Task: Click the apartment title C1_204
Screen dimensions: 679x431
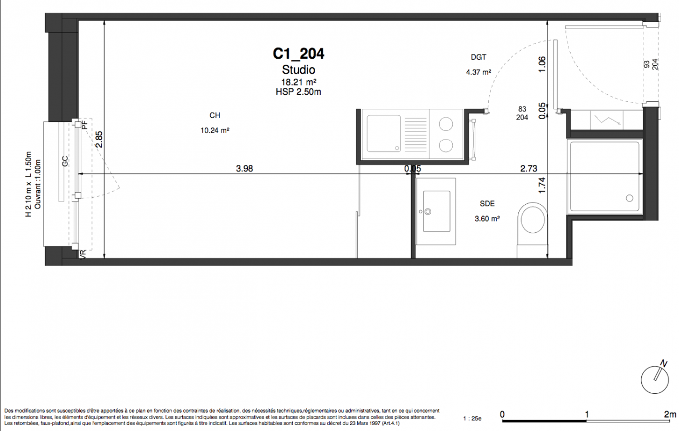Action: [299, 54]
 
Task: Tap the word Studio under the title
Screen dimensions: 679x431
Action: [299, 69]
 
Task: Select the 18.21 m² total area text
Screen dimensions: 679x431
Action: [299, 82]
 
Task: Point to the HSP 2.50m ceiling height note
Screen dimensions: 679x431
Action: [299, 92]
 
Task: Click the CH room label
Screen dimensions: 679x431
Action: [214, 115]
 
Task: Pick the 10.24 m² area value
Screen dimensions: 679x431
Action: [214, 130]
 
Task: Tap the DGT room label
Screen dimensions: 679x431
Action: [479, 57]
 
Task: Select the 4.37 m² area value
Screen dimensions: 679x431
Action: [479, 72]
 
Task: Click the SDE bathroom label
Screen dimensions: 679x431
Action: [487, 204]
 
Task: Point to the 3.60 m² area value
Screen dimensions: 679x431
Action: [487, 219]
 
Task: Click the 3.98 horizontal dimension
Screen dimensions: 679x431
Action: [244, 169]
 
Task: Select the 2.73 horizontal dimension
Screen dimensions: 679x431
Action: [529, 169]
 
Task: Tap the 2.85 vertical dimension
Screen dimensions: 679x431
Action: [99, 139]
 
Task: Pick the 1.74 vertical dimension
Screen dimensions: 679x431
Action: [542, 185]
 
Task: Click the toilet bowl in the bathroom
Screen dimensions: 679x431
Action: [532, 218]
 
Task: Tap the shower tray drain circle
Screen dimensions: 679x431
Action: [629, 198]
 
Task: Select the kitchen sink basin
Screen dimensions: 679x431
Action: [384, 134]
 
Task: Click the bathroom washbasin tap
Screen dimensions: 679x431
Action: [428, 212]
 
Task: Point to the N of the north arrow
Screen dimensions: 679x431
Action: [663, 364]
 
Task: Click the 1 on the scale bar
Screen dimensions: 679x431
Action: [587, 414]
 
